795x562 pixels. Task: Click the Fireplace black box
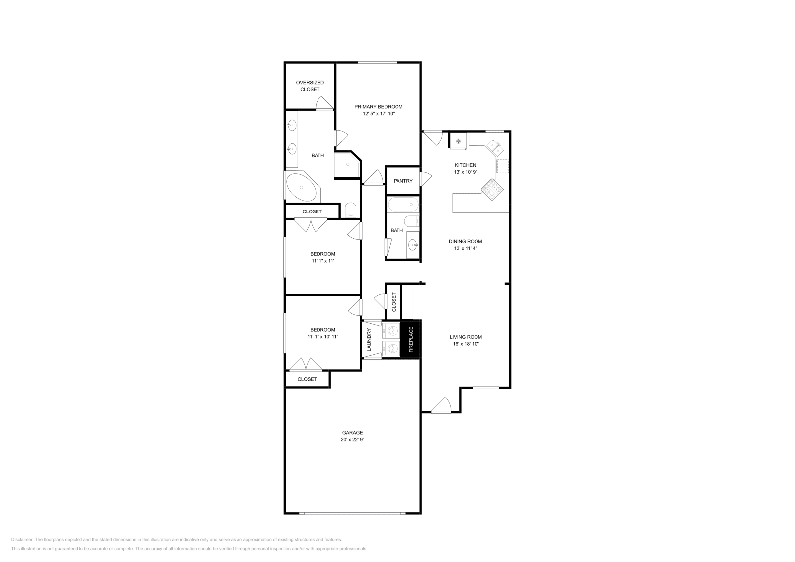point(411,339)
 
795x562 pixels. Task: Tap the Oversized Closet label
point(310,86)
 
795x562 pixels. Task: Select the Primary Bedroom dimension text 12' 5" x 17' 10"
point(378,114)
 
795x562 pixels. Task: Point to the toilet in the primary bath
point(351,210)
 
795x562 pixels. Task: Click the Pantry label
point(403,181)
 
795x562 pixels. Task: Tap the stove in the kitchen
point(492,190)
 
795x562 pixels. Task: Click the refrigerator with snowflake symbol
point(458,141)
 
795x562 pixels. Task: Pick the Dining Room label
point(465,241)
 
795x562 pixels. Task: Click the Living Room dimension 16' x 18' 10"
point(465,344)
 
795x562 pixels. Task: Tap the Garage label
point(352,432)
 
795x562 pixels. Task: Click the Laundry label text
point(369,340)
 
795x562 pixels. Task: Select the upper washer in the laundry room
point(392,330)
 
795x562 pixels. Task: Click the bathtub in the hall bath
point(403,204)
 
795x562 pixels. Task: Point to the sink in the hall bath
point(412,244)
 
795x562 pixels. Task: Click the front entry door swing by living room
point(441,406)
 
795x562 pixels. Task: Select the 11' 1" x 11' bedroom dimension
point(322,261)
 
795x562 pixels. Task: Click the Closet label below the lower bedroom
point(307,379)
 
